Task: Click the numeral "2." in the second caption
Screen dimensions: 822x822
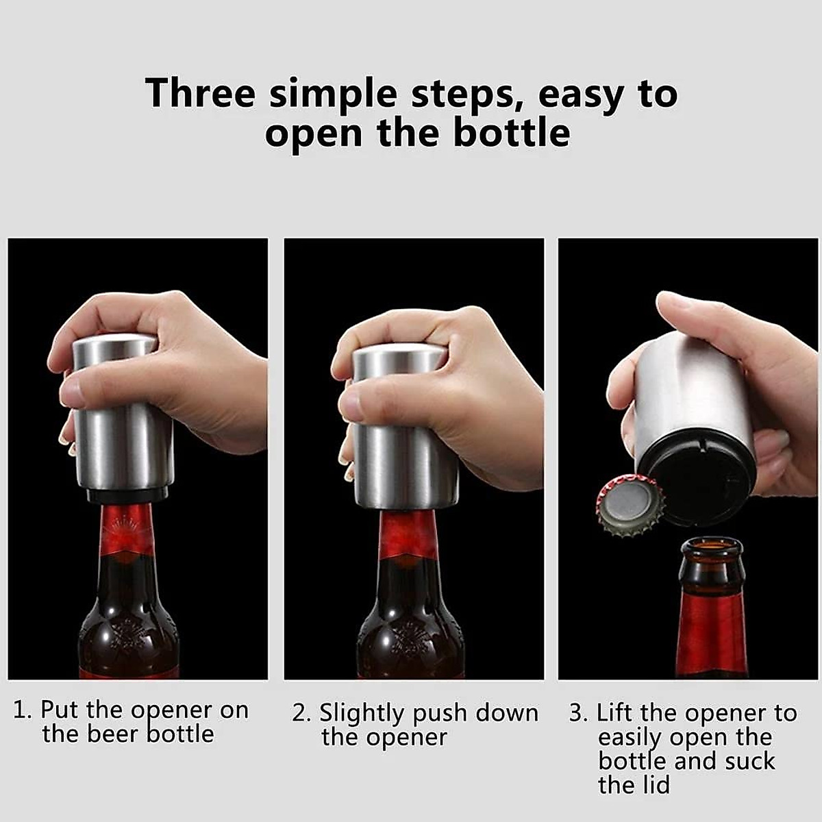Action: point(302,714)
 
